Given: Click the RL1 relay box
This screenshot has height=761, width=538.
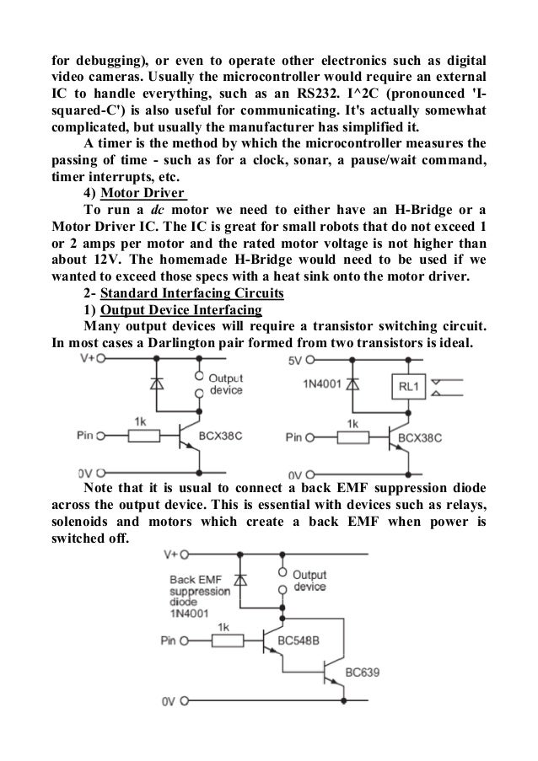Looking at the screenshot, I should (403, 386).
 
